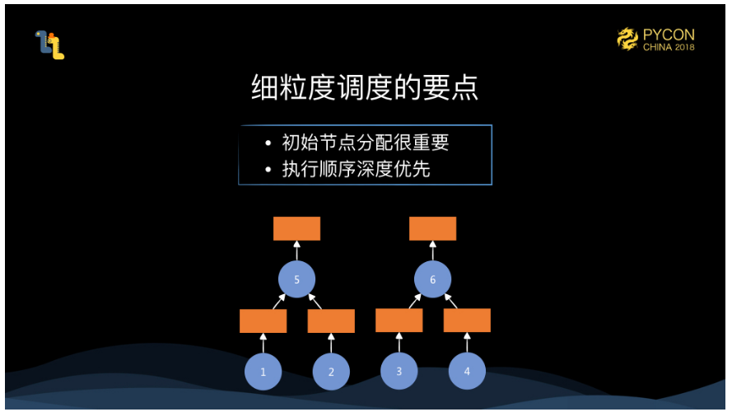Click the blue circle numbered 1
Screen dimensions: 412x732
point(263,372)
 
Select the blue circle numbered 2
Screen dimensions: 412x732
point(331,372)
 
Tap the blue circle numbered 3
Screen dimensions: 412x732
point(399,372)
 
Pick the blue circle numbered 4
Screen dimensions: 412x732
point(467,372)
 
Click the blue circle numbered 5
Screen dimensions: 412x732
point(296,280)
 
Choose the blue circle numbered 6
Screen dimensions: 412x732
point(432,280)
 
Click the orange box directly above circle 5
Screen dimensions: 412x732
point(296,228)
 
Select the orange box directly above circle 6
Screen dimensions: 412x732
point(432,228)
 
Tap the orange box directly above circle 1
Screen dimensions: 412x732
point(263,321)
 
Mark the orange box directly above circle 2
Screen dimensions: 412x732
point(331,321)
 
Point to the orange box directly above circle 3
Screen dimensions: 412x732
point(399,321)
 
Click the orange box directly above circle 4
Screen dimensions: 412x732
point(467,321)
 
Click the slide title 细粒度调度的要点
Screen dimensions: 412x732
point(365,88)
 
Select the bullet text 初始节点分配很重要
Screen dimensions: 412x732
point(366,143)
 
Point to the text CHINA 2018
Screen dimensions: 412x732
point(669,48)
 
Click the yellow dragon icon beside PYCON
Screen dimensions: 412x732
point(629,40)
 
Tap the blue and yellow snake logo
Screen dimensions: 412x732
point(49,44)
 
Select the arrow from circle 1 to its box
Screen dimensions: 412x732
point(263,343)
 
